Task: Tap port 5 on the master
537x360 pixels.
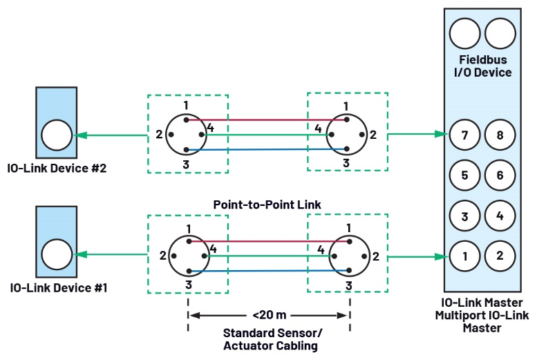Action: pos(464,176)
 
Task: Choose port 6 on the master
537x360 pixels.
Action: pos(500,176)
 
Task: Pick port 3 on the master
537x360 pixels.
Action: pos(464,216)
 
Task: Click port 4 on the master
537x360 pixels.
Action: pos(500,216)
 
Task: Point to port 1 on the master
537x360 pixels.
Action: pos(464,256)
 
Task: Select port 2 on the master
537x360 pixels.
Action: pos(500,256)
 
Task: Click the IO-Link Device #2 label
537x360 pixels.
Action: pos(55,168)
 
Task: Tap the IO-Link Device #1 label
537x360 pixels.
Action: pos(55,287)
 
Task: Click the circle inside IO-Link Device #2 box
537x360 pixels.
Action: pos(56,135)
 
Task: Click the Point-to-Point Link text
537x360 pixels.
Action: pos(267,205)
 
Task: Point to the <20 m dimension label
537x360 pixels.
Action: pos(267,316)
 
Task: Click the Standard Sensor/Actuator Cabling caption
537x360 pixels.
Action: pos(267,338)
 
